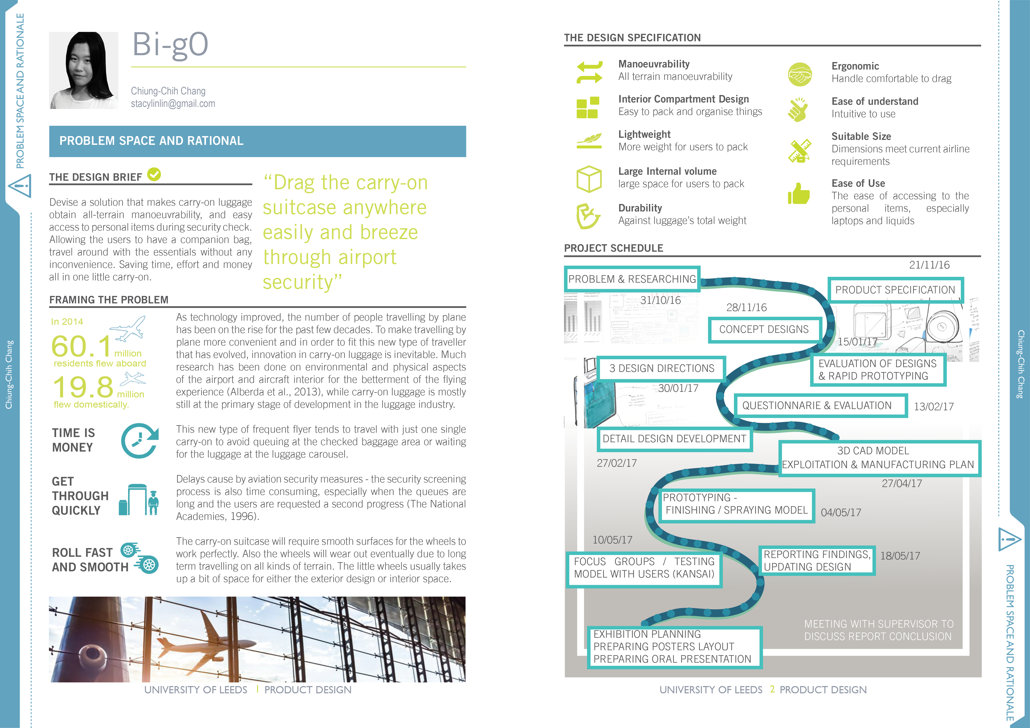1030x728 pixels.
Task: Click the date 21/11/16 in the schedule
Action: coord(929,265)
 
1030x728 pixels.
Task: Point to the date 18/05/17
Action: coord(900,556)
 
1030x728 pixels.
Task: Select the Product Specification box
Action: coord(895,290)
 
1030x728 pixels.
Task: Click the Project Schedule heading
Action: coord(613,248)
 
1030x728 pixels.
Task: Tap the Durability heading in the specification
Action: coord(640,208)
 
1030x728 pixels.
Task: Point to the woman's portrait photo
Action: coord(84,70)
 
